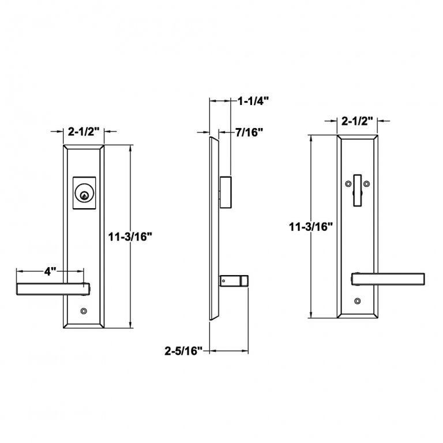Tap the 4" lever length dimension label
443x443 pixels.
click(x=50, y=271)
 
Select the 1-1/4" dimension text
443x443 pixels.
click(x=253, y=100)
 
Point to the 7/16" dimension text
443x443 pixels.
click(x=249, y=132)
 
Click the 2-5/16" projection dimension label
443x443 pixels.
click(x=183, y=350)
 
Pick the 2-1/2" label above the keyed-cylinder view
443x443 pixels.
click(x=84, y=132)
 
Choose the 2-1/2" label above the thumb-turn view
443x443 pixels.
click(x=358, y=121)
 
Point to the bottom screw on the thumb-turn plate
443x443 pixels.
click(x=358, y=301)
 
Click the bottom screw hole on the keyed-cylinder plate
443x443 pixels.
click(x=85, y=311)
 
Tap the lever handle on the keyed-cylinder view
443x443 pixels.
click(x=52, y=288)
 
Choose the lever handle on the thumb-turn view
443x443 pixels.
click(x=390, y=279)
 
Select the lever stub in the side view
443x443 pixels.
click(x=234, y=281)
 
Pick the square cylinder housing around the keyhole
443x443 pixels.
click(x=85, y=189)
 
